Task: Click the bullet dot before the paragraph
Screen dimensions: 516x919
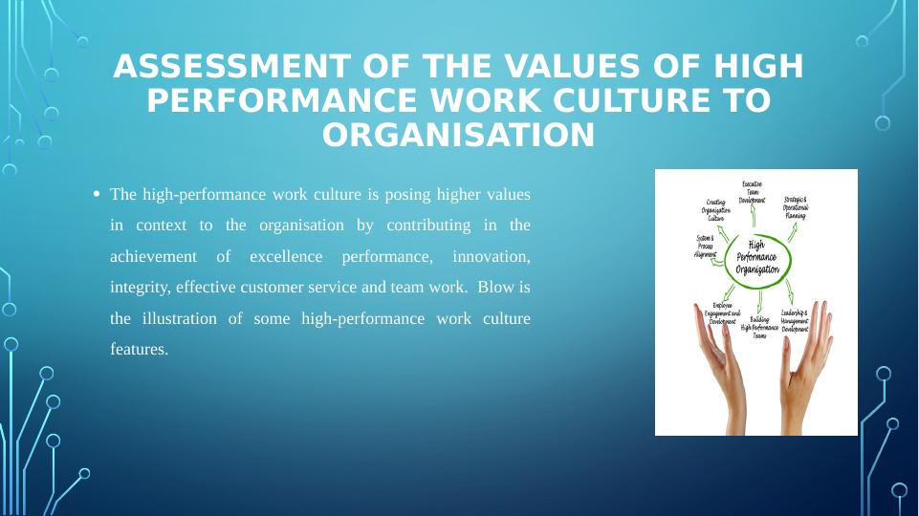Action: pyautogui.click(x=97, y=194)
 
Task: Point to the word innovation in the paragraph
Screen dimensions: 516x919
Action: pyautogui.click(x=491, y=256)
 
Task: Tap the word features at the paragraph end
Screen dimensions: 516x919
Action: pyautogui.click(x=139, y=350)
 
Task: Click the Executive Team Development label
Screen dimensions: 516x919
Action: pyautogui.click(x=752, y=191)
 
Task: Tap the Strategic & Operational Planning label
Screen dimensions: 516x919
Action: pyautogui.click(x=796, y=207)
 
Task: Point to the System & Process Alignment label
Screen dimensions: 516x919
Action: pyautogui.click(x=706, y=246)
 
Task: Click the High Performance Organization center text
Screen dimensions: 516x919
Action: pyautogui.click(x=756, y=258)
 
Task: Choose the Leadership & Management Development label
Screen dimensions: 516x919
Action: pyautogui.click(x=795, y=320)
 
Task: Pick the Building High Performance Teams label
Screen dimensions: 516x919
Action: pyautogui.click(x=759, y=328)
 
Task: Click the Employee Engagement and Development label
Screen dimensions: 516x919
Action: pyautogui.click(x=722, y=313)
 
